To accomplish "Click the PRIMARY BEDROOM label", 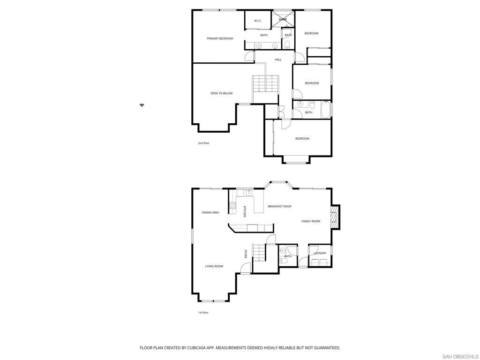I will click(x=220, y=38).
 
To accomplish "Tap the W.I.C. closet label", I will click(x=258, y=21).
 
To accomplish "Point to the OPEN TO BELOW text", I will click(x=221, y=93).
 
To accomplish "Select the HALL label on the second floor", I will click(x=278, y=60).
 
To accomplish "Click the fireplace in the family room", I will click(x=334, y=217).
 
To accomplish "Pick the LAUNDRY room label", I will click(x=320, y=253).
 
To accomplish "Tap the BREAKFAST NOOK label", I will click(x=279, y=206).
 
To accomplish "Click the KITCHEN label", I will click(x=244, y=212).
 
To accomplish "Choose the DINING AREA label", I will click(x=210, y=212).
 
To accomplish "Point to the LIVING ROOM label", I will click(x=214, y=266).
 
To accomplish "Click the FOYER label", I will click(x=245, y=254).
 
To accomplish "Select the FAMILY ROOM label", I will click(x=311, y=221).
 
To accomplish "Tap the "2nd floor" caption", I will click(x=203, y=143).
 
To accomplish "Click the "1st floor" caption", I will click(x=203, y=312).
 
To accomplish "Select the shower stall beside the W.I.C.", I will click(x=283, y=19).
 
